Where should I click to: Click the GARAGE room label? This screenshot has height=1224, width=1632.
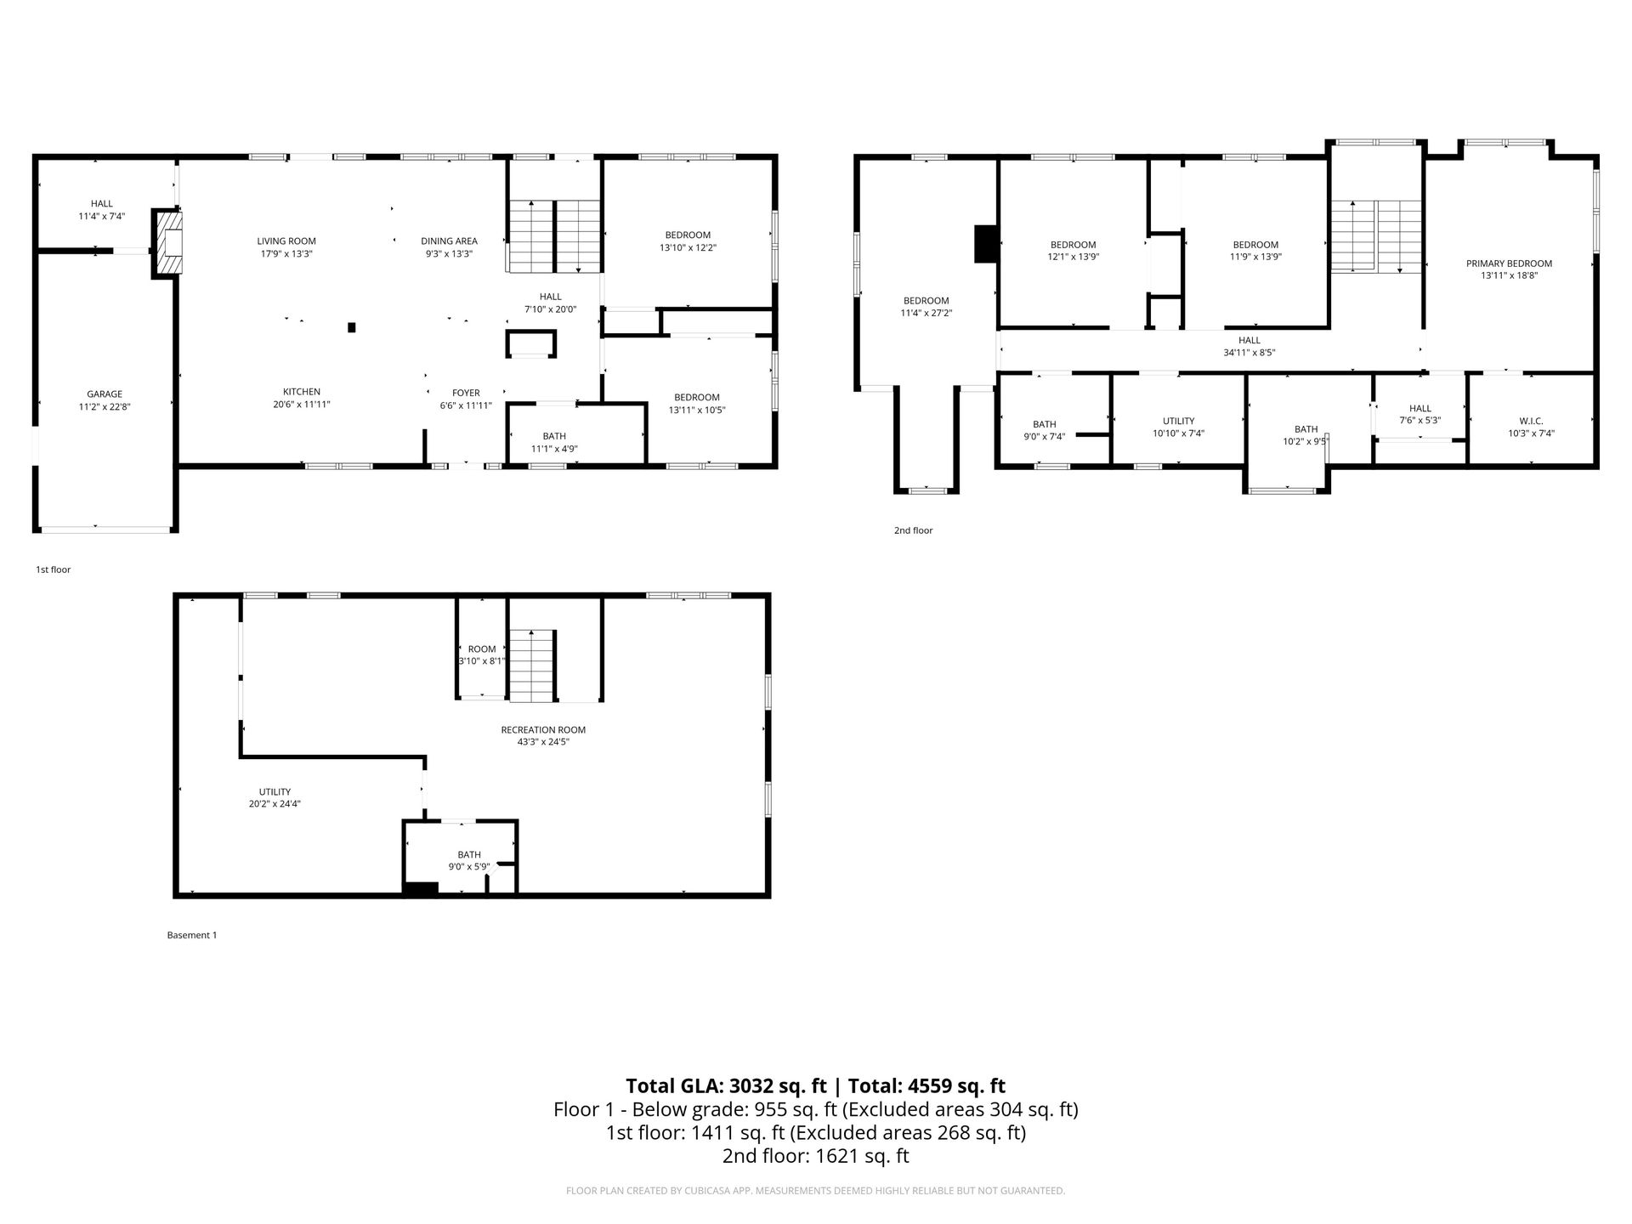105,394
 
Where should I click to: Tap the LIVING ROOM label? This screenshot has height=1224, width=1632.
286,241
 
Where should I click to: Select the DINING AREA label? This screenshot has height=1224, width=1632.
449,241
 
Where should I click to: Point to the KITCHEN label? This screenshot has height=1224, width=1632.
302,392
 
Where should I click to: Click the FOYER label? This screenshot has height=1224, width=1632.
466,393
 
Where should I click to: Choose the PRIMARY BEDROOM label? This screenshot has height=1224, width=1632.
1509,263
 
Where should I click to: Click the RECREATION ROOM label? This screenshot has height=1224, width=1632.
543,729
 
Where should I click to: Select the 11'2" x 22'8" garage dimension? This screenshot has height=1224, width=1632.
105,407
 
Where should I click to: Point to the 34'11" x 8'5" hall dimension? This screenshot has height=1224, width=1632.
1249,352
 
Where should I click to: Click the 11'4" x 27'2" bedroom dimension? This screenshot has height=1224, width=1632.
926,313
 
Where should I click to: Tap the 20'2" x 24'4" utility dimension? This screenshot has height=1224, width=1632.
275,803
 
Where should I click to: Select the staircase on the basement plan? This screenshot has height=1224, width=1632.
532,666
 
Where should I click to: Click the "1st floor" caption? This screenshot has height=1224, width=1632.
53,569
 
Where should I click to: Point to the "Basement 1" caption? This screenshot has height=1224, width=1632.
192,935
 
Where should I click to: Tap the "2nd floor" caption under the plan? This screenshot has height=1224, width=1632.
913,530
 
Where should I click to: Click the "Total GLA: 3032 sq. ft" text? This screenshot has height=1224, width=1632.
727,1085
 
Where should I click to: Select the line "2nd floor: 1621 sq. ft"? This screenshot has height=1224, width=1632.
816,1156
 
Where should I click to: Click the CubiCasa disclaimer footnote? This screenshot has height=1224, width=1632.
816,1191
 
